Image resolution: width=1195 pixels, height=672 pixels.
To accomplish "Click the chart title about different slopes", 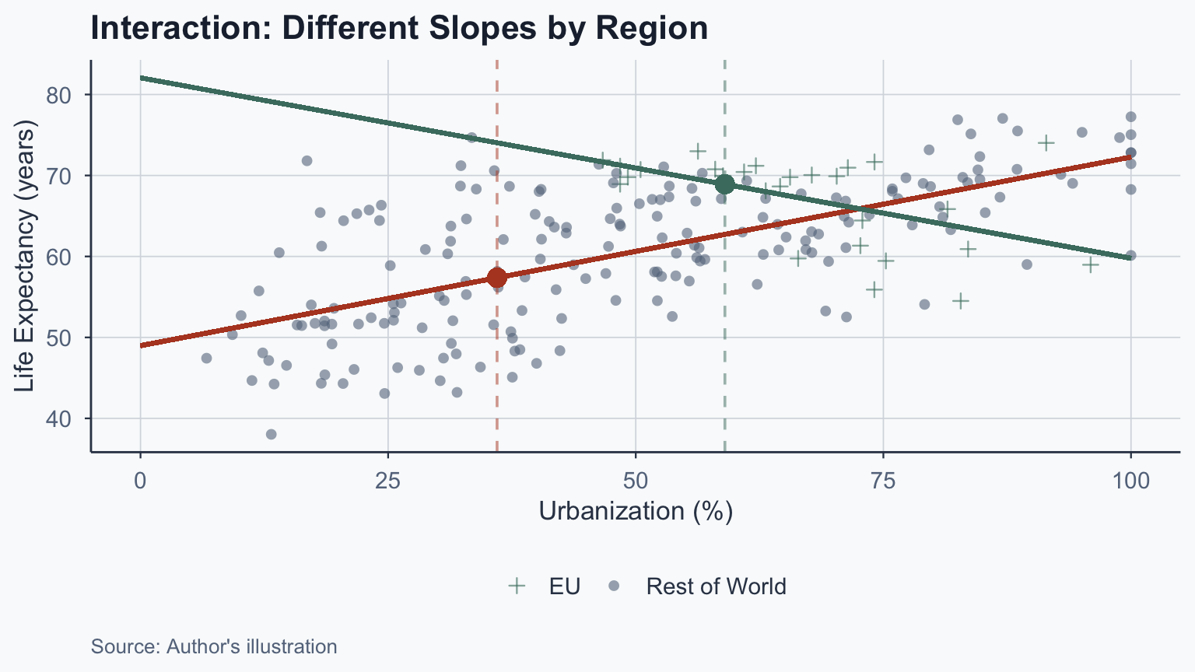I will pos(399,29).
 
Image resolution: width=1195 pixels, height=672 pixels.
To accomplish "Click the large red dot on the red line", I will pos(496,278).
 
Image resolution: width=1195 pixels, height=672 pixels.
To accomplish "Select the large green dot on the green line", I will pos(724,184).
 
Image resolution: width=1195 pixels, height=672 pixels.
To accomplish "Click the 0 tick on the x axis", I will pos(140,481).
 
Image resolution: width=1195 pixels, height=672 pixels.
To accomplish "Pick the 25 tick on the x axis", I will pos(387,481).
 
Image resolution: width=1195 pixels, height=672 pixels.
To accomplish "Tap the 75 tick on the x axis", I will pos(883,481).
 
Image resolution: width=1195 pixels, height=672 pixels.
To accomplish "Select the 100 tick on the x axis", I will pos(1130,481).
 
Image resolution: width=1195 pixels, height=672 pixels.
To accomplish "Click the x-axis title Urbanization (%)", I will pos(636,511).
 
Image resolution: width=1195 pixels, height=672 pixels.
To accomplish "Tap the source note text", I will pos(214,646).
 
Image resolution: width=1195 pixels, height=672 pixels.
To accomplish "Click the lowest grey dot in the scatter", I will pos(271,434).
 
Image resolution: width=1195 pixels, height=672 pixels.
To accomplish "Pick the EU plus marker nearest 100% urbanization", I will pos(1090,264).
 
